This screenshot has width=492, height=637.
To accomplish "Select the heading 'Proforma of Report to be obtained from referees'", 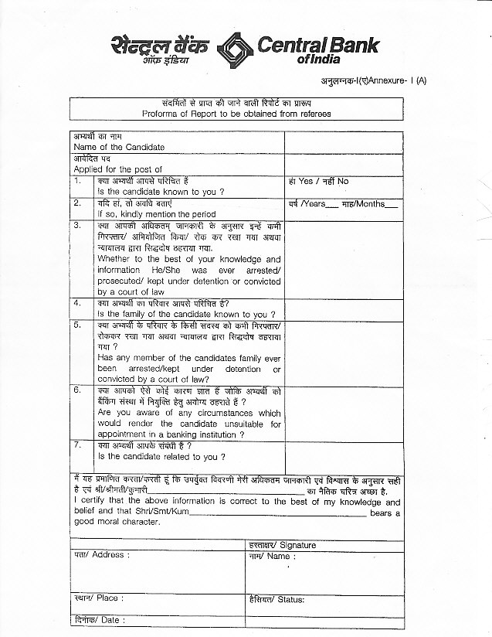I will click(x=236, y=114).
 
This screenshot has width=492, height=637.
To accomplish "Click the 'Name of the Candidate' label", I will click(x=119, y=147).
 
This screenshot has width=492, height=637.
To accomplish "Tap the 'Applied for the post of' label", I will click(x=117, y=169).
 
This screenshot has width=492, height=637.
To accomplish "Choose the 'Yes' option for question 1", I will click(x=305, y=181).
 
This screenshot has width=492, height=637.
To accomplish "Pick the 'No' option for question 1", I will click(x=342, y=181).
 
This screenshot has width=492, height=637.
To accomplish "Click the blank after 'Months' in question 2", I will click(x=392, y=205).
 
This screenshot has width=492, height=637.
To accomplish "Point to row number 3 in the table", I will click(x=78, y=225).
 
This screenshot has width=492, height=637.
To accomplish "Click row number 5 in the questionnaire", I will click(x=78, y=325).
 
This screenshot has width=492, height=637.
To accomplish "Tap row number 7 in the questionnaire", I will click(x=78, y=445).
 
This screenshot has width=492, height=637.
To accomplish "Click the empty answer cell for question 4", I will click(x=343, y=309).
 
